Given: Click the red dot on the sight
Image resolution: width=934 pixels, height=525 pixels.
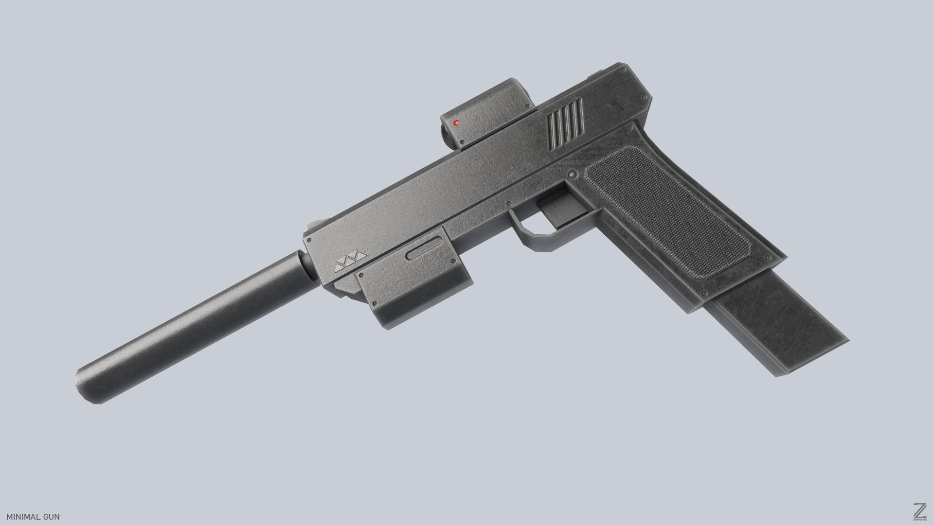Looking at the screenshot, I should click(x=456, y=122).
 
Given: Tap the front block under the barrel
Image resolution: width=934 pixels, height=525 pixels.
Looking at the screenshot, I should click(x=413, y=287).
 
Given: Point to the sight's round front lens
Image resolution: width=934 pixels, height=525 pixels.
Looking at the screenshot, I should click(x=443, y=132).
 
